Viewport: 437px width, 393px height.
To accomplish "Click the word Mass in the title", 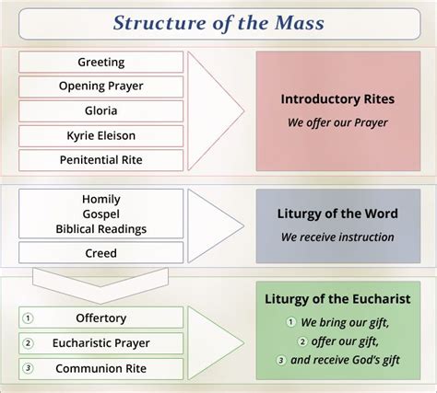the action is coord(300,23).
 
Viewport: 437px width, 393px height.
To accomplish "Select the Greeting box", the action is coord(100,62).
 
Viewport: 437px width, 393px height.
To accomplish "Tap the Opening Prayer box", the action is coord(100,87).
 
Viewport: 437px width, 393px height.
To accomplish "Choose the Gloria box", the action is coord(100,110).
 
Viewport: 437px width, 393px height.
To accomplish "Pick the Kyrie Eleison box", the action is coord(100,135).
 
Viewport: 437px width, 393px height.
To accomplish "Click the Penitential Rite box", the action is coord(100,160).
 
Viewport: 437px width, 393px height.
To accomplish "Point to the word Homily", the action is coord(101,200).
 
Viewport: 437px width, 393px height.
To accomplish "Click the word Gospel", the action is coord(101,214).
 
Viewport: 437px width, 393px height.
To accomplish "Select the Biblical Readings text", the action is coord(101,229).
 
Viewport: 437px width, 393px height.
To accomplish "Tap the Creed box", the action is coord(100,253).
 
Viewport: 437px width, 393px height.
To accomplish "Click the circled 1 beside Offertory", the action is coord(28,318).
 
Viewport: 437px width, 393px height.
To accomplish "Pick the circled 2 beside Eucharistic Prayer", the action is coord(28,343).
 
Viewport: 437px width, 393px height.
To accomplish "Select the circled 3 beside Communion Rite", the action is coord(28,368).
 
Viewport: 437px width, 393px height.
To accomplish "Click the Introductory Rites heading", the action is coord(337,99).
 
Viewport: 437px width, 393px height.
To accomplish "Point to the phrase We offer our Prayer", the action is coord(337,122).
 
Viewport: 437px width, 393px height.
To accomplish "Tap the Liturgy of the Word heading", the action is coord(337,214).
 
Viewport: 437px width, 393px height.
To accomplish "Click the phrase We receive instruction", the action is coord(337,237).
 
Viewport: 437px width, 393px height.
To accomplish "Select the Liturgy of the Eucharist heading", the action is coord(337,299).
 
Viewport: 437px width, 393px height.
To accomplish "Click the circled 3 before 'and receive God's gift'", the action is coord(280,360).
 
